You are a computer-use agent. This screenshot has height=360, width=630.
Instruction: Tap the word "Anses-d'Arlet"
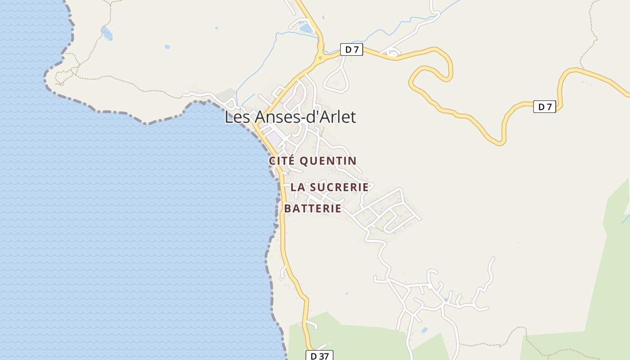pyautogui.click(x=305, y=117)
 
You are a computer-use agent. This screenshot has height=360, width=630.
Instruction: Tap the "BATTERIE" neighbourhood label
pyautogui.click(x=313, y=209)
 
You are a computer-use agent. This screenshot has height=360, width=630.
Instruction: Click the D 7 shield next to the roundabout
pyautogui.click(x=351, y=49)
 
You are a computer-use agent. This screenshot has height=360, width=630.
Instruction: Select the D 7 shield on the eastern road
pyautogui.click(x=544, y=107)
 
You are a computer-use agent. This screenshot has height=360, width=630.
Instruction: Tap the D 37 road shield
pyautogui.click(x=319, y=356)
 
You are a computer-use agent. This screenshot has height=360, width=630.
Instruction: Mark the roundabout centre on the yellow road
pyautogui.click(x=320, y=58)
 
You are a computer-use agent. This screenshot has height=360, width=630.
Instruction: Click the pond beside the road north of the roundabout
pyautogui.click(x=306, y=28)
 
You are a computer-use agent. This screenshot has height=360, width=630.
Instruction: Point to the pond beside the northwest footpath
pyautogui.click(x=107, y=33)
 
